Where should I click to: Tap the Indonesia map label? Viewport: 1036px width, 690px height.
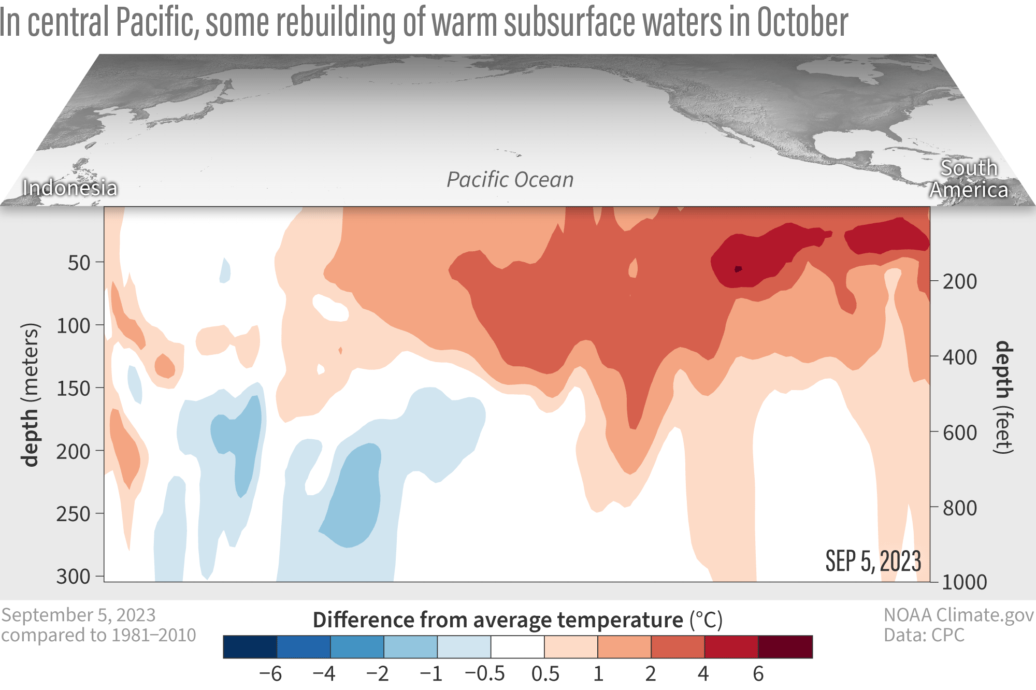(x=70, y=188)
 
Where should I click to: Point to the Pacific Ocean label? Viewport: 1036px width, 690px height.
(x=510, y=180)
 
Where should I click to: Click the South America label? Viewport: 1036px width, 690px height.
(x=969, y=179)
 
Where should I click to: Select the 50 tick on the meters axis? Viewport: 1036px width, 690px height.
(x=79, y=263)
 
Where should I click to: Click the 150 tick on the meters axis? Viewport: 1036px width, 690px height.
(x=73, y=389)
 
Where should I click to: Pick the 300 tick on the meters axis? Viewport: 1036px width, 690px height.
(x=73, y=576)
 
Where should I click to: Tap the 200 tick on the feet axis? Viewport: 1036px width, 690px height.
(x=959, y=281)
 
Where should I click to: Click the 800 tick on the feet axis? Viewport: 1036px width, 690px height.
(x=959, y=508)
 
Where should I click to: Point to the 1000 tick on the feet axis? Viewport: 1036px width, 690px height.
(x=964, y=582)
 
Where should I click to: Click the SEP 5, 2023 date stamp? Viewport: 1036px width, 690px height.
(x=873, y=561)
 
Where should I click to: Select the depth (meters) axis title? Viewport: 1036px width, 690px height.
(x=30, y=395)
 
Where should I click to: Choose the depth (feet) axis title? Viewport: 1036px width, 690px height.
(x=1004, y=397)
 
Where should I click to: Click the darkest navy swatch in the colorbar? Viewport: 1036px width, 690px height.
(x=250, y=646)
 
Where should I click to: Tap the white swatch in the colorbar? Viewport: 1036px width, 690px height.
(x=517, y=646)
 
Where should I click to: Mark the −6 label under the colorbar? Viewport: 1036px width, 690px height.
(x=270, y=673)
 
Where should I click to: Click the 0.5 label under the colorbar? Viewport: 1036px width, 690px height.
(x=545, y=673)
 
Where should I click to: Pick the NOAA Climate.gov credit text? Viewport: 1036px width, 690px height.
(x=958, y=615)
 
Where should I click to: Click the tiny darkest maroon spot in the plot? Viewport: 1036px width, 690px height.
(x=738, y=269)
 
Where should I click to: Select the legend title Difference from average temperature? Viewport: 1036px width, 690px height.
(x=498, y=620)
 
